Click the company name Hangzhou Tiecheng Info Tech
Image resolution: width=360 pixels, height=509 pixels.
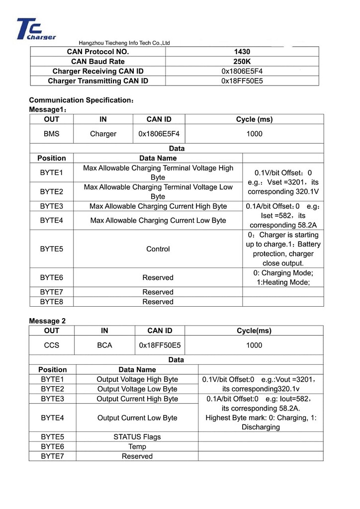tap(124, 43)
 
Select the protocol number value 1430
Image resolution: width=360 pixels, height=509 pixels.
tap(242, 52)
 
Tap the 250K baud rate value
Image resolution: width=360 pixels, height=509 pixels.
tap(242, 62)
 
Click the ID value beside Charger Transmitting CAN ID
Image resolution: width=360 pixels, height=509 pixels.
tap(242, 81)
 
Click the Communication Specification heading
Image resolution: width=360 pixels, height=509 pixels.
tap(81, 100)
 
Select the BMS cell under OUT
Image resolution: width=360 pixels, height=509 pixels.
tap(51, 134)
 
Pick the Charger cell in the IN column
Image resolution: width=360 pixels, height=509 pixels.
tap(103, 134)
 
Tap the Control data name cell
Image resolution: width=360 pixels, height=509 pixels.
tap(158, 249)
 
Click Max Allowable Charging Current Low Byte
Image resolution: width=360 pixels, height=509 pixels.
tap(158, 220)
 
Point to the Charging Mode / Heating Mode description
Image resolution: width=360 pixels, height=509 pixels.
tap(283, 277)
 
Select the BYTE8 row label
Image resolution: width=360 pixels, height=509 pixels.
tap(51, 302)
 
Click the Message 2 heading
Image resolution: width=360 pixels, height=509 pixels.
tap(47, 321)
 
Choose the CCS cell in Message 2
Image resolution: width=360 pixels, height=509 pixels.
tap(51, 345)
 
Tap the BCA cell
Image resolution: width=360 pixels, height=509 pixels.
tap(104, 345)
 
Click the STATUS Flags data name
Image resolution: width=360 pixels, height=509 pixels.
tap(137, 437)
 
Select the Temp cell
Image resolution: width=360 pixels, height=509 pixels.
tap(137, 446)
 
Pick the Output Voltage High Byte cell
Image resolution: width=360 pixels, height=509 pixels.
tap(137, 379)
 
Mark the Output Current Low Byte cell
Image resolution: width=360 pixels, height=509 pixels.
tap(137, 418)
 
